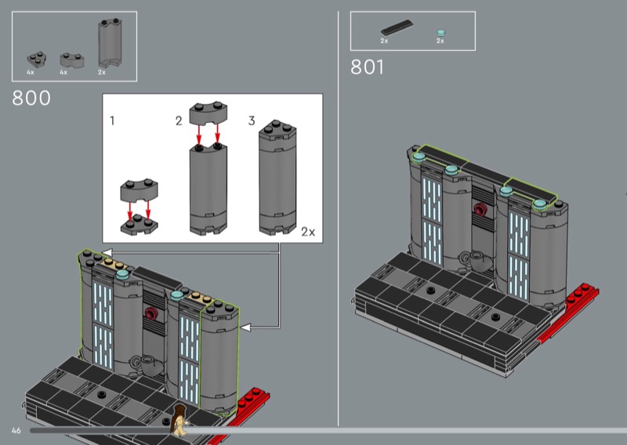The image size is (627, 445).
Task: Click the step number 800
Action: point(31,98)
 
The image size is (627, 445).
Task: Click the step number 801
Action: point(367,67)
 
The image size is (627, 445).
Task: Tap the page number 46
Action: point(16,430)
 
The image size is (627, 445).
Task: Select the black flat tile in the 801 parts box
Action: point(397,27)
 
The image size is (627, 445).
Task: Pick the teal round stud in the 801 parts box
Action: point(440,33)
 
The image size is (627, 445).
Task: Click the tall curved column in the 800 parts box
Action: point(110,43)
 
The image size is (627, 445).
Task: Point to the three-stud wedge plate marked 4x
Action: point(36,60)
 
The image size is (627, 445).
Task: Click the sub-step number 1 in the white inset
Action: point(112,121)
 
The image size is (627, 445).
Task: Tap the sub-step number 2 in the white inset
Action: point(179,121)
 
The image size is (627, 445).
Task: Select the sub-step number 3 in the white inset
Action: point(252,121)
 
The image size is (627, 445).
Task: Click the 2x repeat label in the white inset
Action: point(308,232)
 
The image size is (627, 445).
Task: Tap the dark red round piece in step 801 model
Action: point(480,208)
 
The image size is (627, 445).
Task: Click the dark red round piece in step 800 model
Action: point(151,313)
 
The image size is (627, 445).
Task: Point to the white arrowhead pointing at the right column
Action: point(245,327)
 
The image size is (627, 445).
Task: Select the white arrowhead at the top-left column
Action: point(107,252)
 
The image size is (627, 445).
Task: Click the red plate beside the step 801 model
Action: point(567,313)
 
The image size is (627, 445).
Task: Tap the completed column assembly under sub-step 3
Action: point(278,177)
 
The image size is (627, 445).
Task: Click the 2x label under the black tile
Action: point(384,41)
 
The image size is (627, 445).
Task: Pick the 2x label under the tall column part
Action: point(102,72)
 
